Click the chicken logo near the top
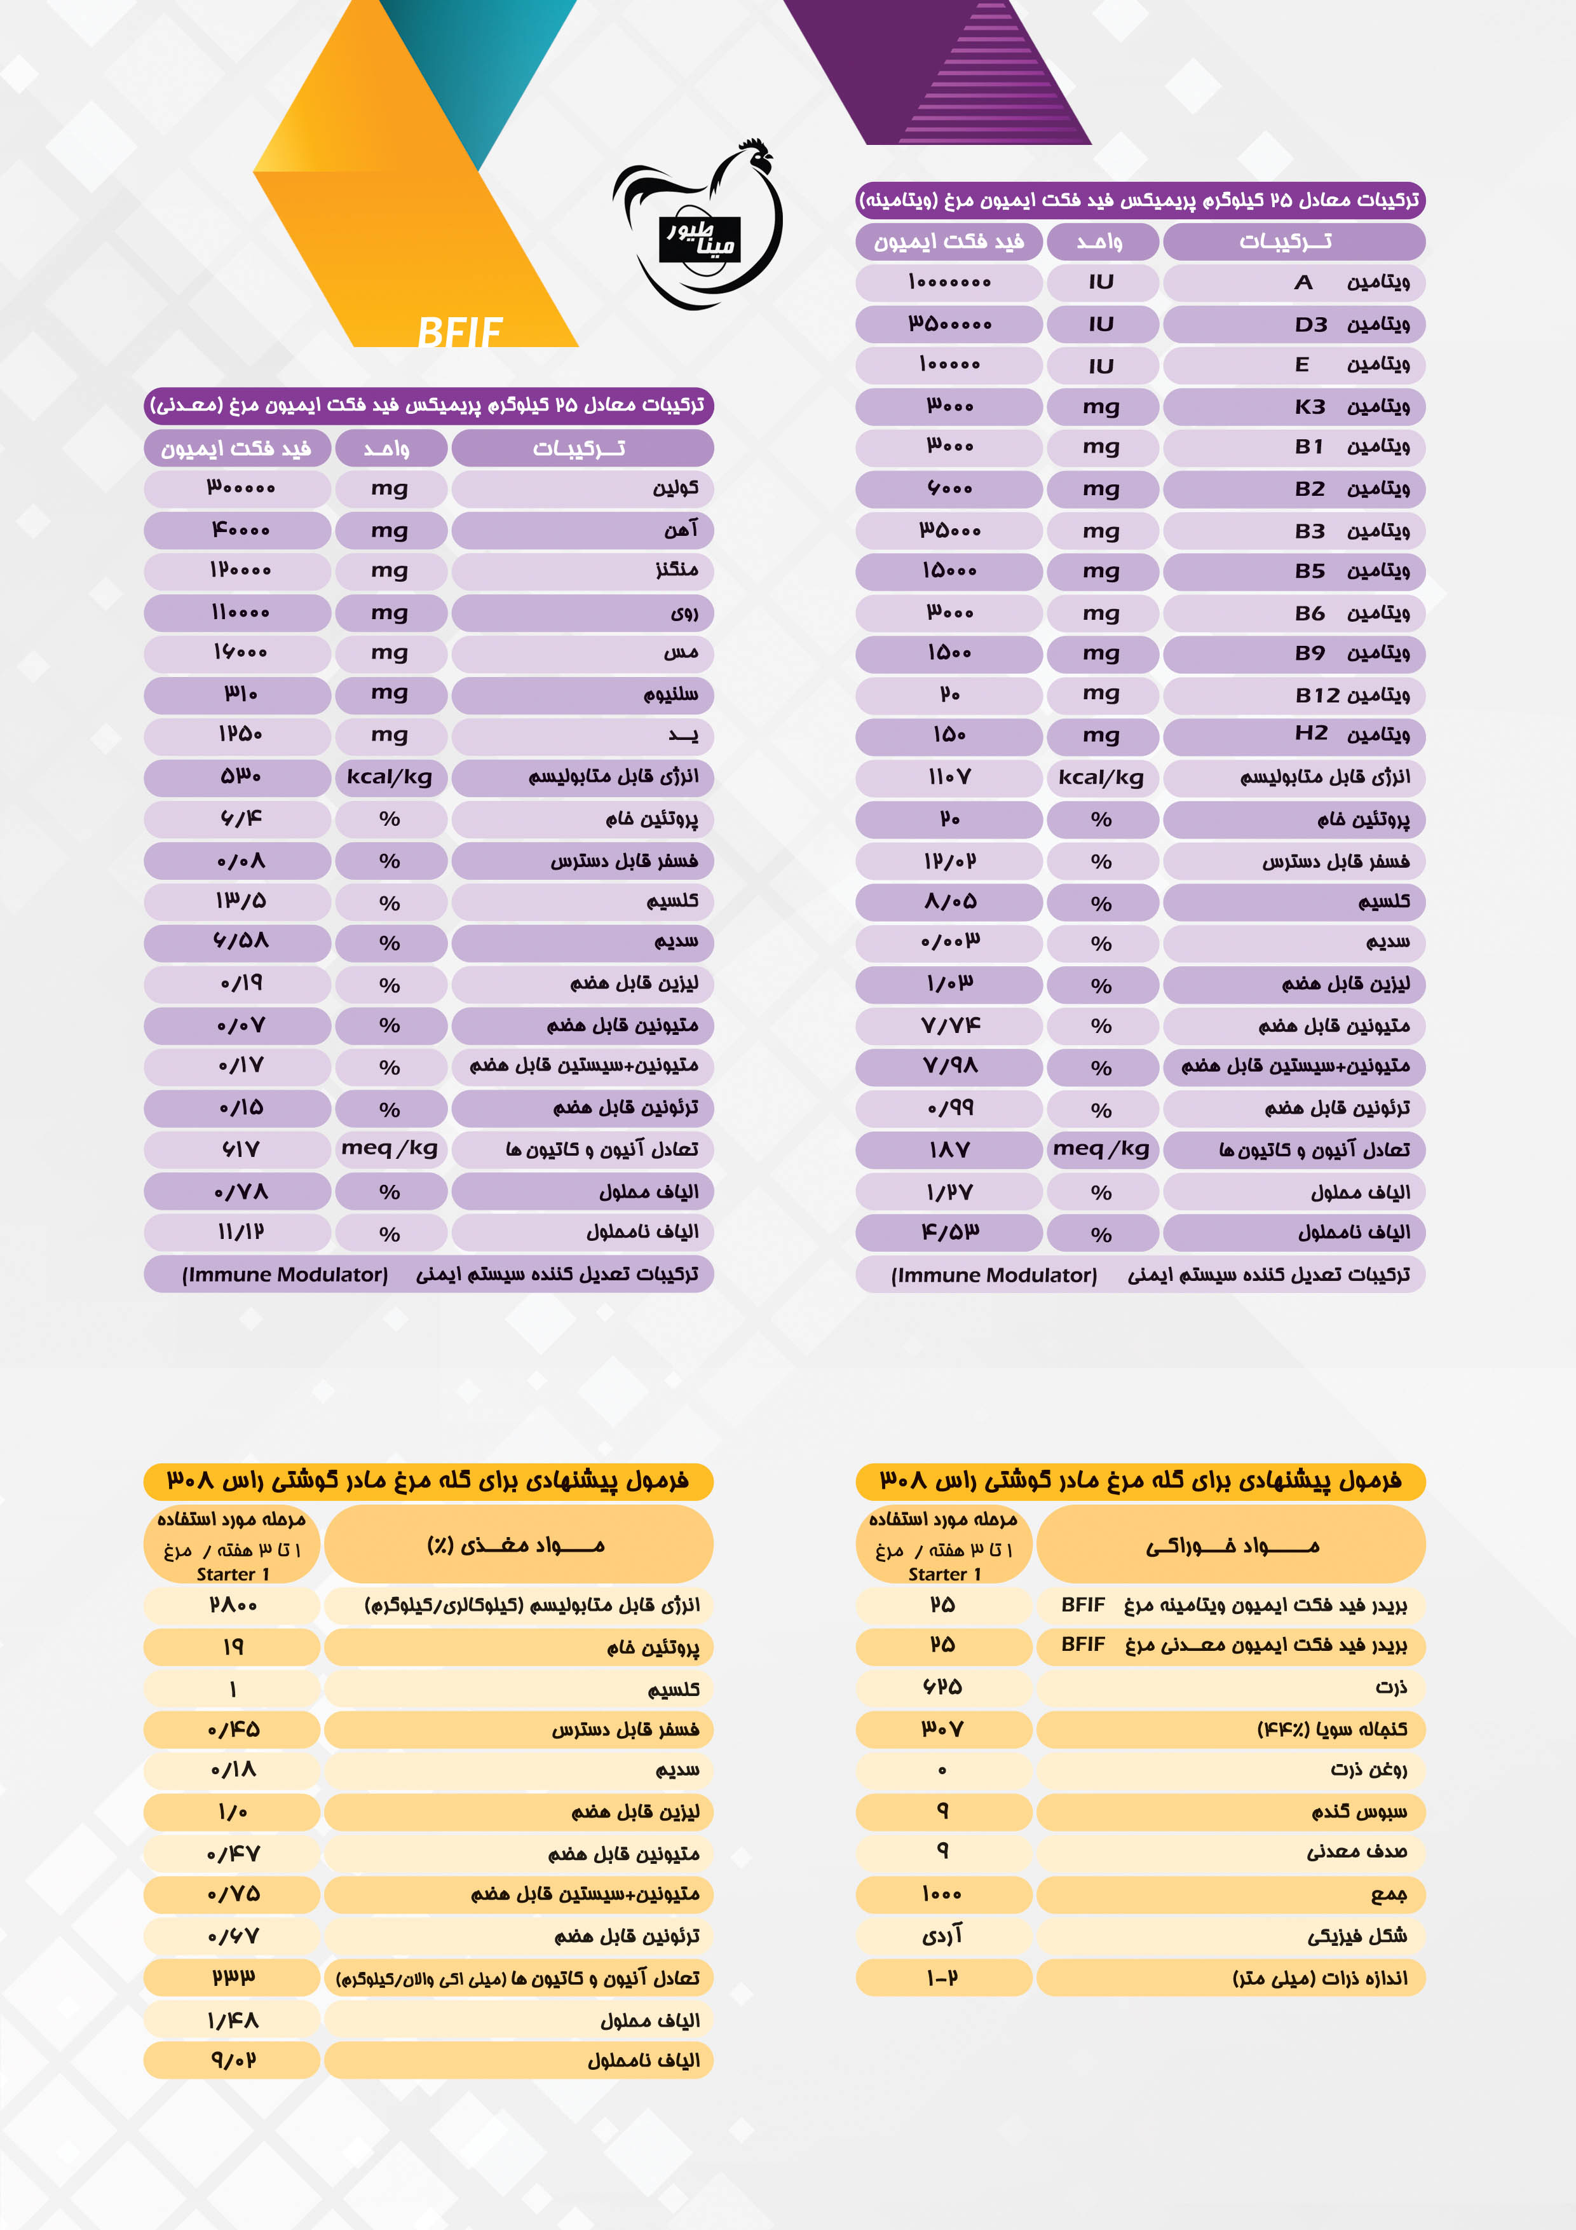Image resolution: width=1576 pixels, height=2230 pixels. pos(699,225)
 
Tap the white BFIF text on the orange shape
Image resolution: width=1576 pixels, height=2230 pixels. pos(459,332)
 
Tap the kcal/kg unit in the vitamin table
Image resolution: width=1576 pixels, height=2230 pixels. pos(1101,777)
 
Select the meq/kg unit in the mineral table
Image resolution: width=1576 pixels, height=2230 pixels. pos(390,1149)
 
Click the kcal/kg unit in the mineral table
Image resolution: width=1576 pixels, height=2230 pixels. pos(390,777)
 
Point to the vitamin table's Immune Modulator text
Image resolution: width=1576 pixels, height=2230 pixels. pos(995,1275)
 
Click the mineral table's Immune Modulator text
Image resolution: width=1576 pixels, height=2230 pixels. pos(285,1275)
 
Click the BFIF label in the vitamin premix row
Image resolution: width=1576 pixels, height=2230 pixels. pos(1083,1604)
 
